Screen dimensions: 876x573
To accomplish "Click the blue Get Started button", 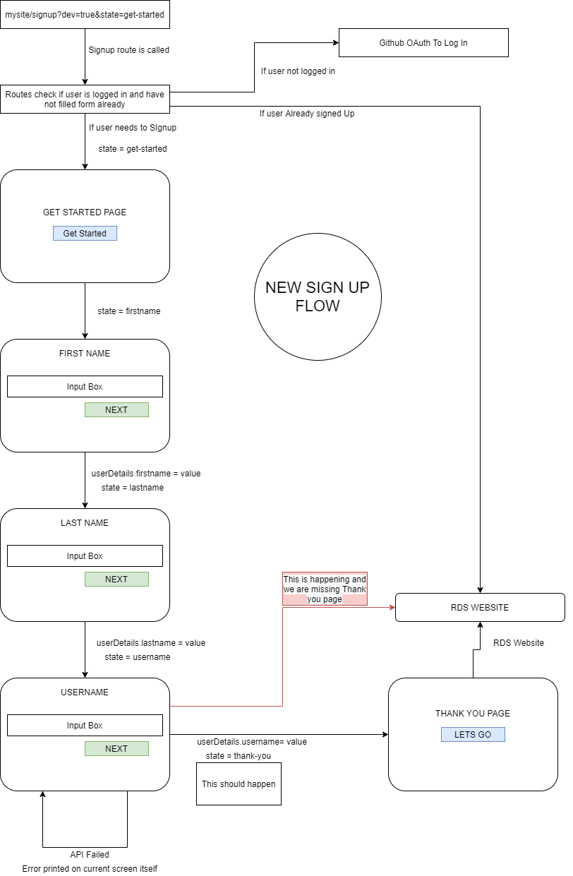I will pyautogui.click(x=85, y=233).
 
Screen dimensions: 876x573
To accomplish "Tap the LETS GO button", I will pyautogui.click(x=473, y=734).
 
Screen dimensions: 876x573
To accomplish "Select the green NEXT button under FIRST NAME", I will pyautogui.click(x=116, y=409).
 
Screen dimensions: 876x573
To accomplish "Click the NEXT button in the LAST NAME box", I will pyautogui.click(x=116, y=579).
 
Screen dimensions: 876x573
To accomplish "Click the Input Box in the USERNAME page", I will pyautogui.click(x=85, y=725).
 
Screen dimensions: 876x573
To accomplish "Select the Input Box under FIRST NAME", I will pyautogui.click(x=85, y=386).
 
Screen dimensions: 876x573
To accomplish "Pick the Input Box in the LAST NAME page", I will pyautogui.click(x=85, y=556).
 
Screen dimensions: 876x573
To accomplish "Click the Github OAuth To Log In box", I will pyautogui.click(x=423, y=42).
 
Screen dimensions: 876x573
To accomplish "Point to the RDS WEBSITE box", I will pyautogui.click(x=480, y=607).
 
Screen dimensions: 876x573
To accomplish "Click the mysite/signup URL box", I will pyautogui.click(x=85, y=14).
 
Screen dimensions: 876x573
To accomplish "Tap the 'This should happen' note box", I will pyautogui.click(x=239, y=784).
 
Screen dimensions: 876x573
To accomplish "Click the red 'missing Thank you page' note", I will pyautogui.click(x=325, y=589).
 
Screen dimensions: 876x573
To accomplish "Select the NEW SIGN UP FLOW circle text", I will pyautogui.click(x=318, y=296).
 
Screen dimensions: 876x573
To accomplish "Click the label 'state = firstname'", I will pyautogui.click(x=128, y=311).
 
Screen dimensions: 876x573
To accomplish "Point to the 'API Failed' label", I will pyautogui.click(x=90, y=854).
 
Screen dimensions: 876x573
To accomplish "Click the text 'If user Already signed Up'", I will pyautogui.click(x=307, y=113).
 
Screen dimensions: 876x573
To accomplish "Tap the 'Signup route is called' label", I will pyautogui.click(x=128, y=50).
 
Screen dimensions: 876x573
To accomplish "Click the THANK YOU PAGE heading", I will pyautogui.click(x=473, y=713).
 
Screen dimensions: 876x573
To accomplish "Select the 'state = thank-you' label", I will pyautogui.click(x=239, y=755).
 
